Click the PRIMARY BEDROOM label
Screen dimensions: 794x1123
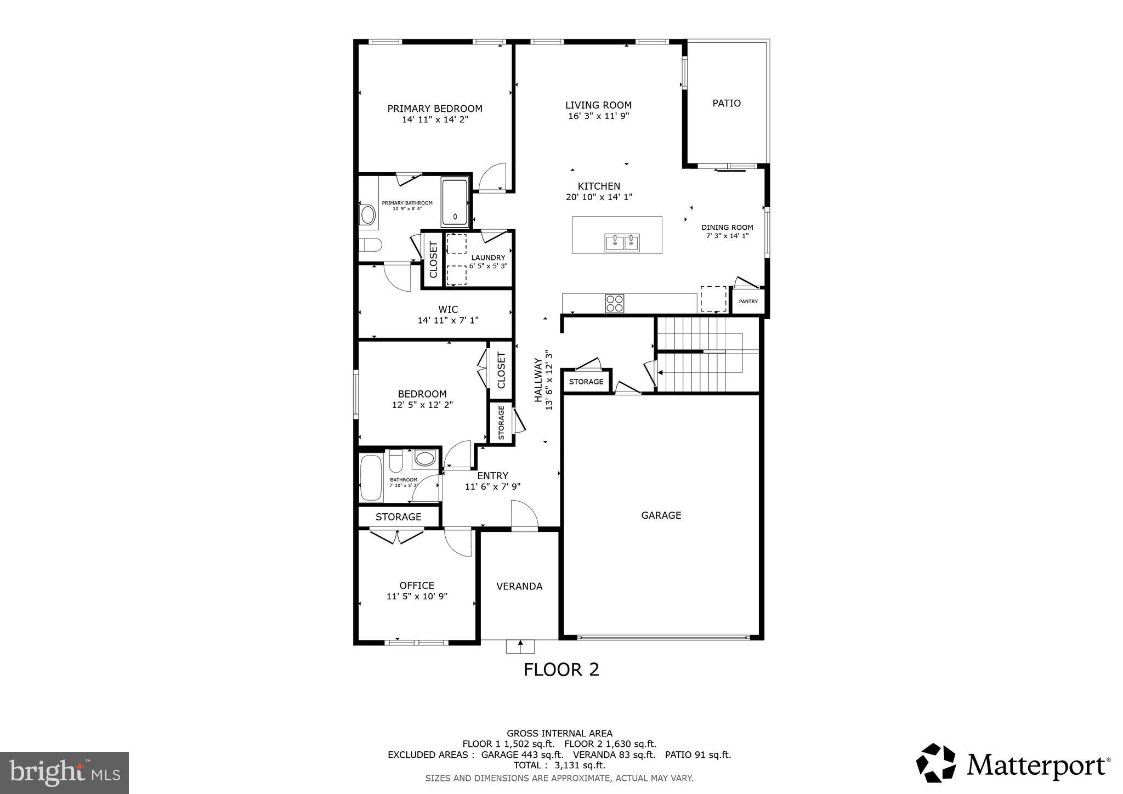coord(435,109)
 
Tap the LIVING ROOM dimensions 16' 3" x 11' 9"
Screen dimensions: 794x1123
coord(598,116)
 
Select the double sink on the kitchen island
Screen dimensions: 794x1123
coord(622,242)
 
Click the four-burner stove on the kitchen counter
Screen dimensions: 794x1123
coord(614,303)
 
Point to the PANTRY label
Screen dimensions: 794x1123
coord(748,302)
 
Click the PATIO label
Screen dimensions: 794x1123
coord(726,103)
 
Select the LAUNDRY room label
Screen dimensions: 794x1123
coord(488,258)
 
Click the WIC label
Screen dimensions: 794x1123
coord(448,309)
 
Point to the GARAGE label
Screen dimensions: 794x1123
coord(661,515)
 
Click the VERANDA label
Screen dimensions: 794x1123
coord(519,586)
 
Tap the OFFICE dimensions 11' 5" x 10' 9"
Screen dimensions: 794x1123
coord(417,597)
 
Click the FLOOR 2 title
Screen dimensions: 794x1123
coord(561,670)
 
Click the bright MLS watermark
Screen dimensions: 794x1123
coord(64,773)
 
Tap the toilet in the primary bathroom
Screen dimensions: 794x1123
coord(370,245)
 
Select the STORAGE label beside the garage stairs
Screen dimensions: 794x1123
coord(586,382)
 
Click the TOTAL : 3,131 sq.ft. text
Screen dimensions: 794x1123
coord(559,765)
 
